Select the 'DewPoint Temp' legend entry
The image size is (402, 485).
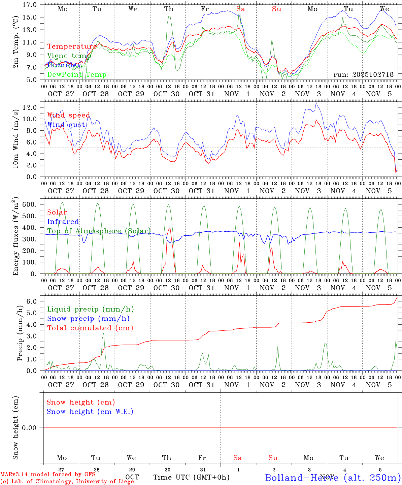[77, 75]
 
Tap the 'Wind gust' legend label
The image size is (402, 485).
[66, 125]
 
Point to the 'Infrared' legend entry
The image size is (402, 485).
[63, 222]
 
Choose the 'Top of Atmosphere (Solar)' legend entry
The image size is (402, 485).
[99, 231]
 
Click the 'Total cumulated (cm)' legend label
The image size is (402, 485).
[90, 328]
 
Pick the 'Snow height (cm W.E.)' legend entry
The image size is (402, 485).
[90, 412]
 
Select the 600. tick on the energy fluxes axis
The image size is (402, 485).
[30, 204]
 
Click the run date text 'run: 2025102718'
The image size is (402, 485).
[363, 75]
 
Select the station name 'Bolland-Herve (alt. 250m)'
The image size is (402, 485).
[333, 477]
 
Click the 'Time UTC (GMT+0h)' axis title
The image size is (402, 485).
[191, 477]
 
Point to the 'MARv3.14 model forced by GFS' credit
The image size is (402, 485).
[48, 475]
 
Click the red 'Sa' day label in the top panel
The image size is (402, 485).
[240, 9]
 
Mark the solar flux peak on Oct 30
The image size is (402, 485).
[170, 228]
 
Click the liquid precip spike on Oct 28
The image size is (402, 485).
[104, 333]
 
